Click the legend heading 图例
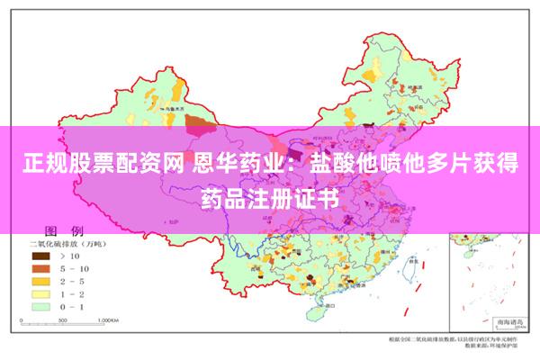point(64,230)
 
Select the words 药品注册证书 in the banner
point(270,196)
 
